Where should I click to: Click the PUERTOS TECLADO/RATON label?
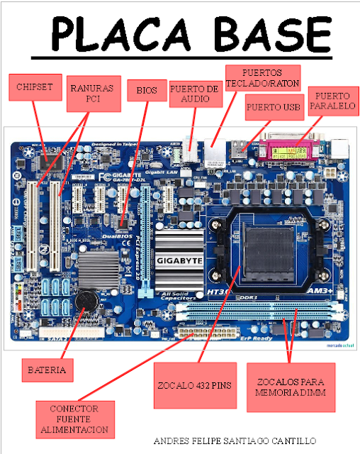point(261,78)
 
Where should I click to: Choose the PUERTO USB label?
point(274,109)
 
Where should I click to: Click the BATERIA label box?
point(47,370)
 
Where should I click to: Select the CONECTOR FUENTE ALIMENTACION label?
point(74,419)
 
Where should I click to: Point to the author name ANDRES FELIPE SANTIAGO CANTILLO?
point(235,441)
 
